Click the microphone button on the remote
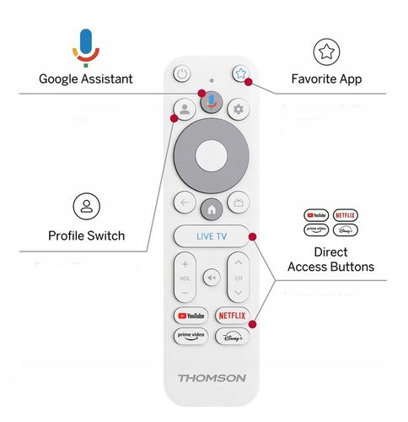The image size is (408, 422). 212,102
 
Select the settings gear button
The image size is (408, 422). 239,109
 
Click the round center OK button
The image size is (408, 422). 212,155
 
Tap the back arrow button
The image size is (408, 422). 184,203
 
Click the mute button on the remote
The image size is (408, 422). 212,277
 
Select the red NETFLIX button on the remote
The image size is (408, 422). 233,315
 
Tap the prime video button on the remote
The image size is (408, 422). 191,336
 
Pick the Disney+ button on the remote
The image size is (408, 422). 233,336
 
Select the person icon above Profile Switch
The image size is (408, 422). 85,206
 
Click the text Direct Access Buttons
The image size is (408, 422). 330,259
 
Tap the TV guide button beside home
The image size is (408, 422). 239,203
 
